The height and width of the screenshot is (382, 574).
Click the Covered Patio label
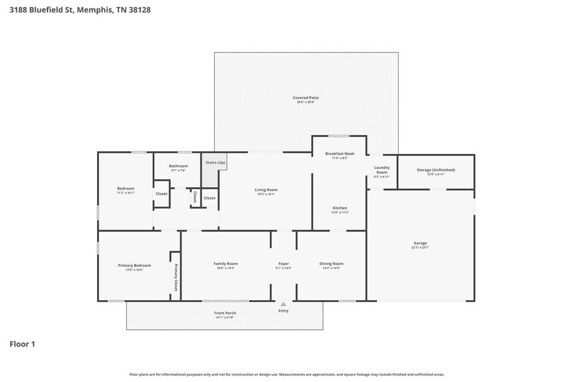pos(305,97)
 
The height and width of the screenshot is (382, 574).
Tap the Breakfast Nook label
pos(340,153)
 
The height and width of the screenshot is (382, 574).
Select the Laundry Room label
pos(381,170)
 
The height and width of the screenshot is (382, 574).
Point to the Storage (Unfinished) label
pos(435,170)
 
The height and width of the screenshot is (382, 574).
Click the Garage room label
pos(420,243)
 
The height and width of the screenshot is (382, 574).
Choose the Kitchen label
pos(340,208)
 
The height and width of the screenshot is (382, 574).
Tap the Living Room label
pos(266,189)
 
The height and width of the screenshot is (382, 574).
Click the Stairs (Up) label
pos(215,162)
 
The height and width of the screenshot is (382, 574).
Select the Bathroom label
pos(178,166)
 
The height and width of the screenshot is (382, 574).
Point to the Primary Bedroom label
pos(134,265)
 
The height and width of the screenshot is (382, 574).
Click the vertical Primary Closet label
pos(175,277)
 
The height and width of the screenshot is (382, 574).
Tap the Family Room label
pos(226,263)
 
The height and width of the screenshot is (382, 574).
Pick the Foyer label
pos(284,263)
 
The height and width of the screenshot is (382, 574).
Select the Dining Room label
pos(331,263)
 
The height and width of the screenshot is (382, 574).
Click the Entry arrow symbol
pos(283,303)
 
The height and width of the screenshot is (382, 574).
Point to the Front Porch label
pos(225,313)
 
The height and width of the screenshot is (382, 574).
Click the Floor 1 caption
pos(21,344)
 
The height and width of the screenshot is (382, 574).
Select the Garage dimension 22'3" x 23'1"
pos(420,248)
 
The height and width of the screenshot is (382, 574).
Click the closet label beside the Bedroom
pos(161,194)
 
